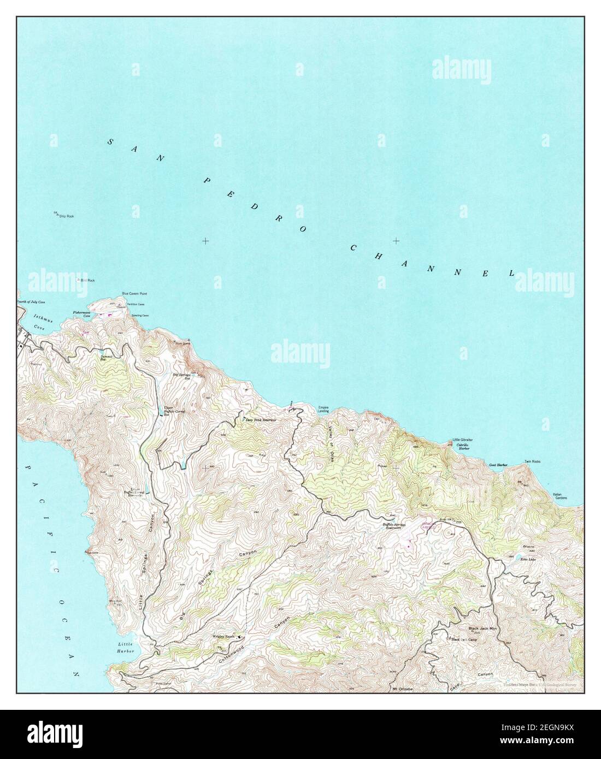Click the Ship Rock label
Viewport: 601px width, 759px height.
(x=66, y=216)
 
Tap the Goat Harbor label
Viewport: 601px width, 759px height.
(x=498, y=465)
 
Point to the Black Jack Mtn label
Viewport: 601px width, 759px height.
(x=481, y=628)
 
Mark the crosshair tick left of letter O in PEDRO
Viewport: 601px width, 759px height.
(x=205, y=241)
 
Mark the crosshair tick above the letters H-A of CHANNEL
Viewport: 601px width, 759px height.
(x=396, y=241)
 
